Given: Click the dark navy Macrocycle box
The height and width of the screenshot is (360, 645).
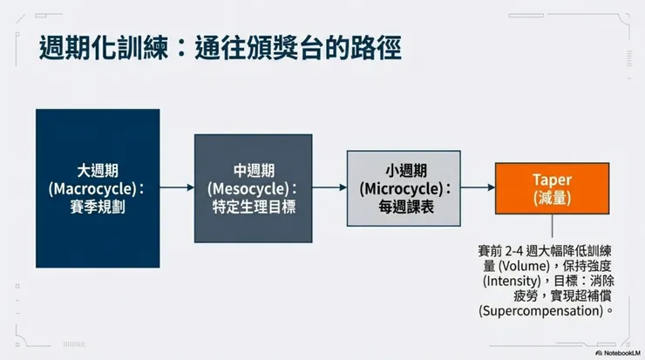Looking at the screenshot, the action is pyautogui.click(x=98, y=188).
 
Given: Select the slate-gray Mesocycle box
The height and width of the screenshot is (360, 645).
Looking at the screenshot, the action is pyautogui.click(x=253, y=188).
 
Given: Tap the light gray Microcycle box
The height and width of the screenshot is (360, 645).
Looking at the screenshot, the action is pyautogui.click(x=404, y=188).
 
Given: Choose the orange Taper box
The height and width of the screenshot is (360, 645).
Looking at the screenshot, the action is pyautogui.click(x=552, y=188).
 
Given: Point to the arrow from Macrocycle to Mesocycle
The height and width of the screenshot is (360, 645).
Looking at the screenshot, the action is pyautogui.click(x=177, y=187).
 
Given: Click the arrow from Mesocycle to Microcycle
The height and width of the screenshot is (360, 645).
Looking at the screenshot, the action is pyautogui.click(x=329, y=187).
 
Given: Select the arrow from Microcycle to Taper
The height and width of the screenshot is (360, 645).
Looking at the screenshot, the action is pyautogui.click(x=478, y=187).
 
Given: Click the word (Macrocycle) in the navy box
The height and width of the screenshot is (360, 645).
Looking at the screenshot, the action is pyautogui.click(x=92, y=189).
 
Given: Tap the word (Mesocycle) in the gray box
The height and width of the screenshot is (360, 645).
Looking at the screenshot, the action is pyautogui.click(x=248, y=189).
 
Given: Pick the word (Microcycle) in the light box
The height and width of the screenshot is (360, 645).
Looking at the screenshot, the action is pyautogui.click(x=401, y=189).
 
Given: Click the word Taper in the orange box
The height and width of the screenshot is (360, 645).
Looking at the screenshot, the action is pyautogui.click(x=552, y=180).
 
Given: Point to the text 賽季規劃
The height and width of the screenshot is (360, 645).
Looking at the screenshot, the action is pyautogui.click(x=98, y=207).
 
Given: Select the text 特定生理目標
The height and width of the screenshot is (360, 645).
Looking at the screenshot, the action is pyautogui.click(x=254, y=207).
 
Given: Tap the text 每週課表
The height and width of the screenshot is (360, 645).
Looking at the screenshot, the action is pyautogui.click(x=406, y=207).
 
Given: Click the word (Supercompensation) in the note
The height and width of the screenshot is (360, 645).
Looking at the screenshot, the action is pyautogui.click(x=541, y=310).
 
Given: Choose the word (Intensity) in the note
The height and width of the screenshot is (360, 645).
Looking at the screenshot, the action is pyautogui.click(x=512, y=281).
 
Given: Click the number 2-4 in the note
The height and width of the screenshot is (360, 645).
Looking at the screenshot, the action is pyautogui.click(x=513, y=251).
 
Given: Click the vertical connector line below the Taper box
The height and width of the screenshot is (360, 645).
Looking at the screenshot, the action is pyautogui.click(x=552, y=226).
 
